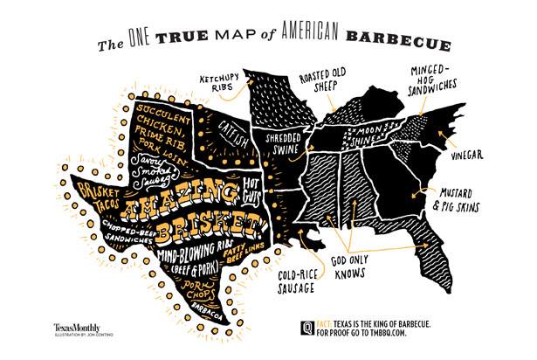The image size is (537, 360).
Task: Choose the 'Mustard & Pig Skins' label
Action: point(466,202)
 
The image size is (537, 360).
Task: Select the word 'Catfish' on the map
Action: point(220,137)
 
